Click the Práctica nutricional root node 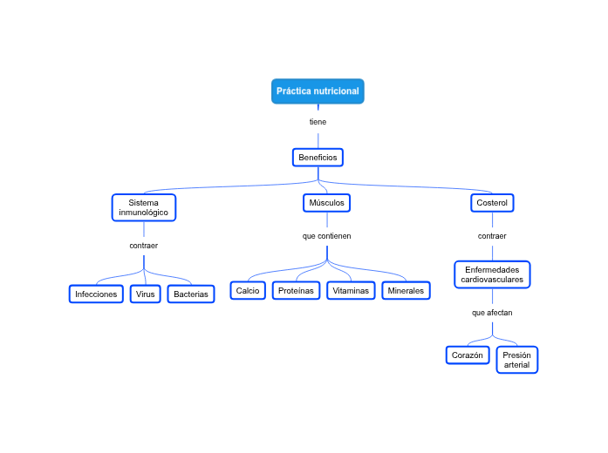coord(318,91)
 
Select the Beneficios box coord(318,158)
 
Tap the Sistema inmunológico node coord(144,207)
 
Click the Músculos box coord(326,203)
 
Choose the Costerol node coord(492,203)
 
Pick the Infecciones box coord(96,294)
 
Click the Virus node coord(145,294)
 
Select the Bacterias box coord(191,294)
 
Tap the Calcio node coord(248,290)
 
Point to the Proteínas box coord(296,290)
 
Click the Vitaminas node coord(351,290)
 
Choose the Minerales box coord(406,290)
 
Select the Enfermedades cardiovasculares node coord(492,274)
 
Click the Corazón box coord(468,355)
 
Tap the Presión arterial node coord(516,360)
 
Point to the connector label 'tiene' coord(318,122)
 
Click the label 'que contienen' coord(326,236)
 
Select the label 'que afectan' coord(492,312)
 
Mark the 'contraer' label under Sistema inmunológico coord(144,246)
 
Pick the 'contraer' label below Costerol coord(492,236)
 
